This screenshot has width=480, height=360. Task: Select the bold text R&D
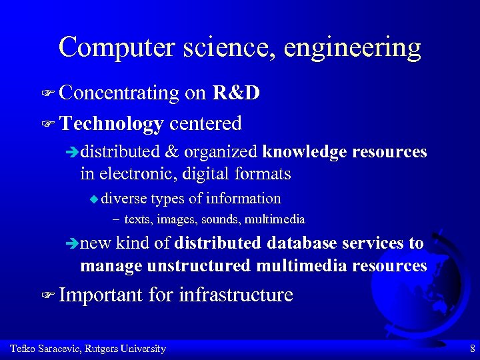click(x=236, y=93)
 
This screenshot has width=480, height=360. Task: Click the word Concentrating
click(x=119, y=94)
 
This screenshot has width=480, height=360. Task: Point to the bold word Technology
click(x=111, y=124)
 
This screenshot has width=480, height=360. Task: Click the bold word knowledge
click(x=304, y=153)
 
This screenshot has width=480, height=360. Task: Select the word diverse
click(x=125, y=199)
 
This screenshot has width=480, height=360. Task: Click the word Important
click(x=101, y=295)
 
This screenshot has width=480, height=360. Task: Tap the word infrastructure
click(x=236, y=295)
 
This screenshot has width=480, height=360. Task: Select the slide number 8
click(x=472, y=349)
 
